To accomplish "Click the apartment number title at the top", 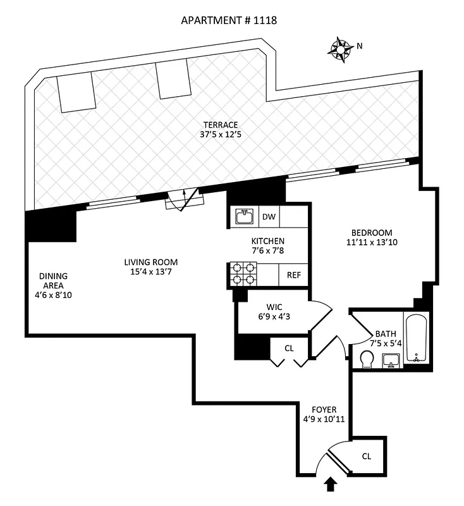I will click(x=229, y=20).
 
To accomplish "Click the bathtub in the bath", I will click(x=416, y=338).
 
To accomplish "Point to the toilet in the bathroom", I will click(x=365, y=359).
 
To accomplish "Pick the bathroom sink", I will click(x=391, y=360).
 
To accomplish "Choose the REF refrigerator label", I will click(x=294, y=275).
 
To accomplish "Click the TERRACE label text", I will click(x=221, y=124).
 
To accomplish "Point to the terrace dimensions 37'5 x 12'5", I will click(x=221, y=134).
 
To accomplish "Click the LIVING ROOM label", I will click(x=150, y=262).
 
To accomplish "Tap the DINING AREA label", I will click(x=53, y=281).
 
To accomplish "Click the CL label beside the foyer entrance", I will click(x=367, y=455).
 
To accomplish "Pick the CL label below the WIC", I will click(x=289, y=347).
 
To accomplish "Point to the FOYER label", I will click(x=324, y=409).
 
